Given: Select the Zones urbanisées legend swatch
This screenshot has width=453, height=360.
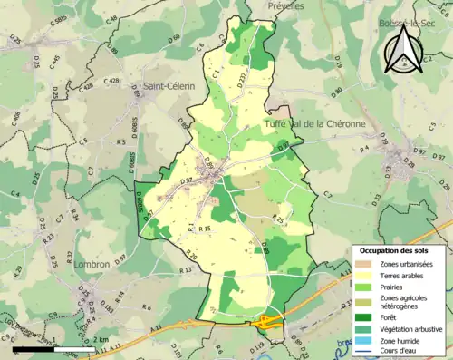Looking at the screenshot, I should (x=363, y=263).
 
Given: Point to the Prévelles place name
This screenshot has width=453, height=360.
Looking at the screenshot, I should (x=287, y=5).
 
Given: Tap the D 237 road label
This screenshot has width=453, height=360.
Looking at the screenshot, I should (x=241, y=80).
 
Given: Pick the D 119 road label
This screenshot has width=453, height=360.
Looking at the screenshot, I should (x=255, y=345).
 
